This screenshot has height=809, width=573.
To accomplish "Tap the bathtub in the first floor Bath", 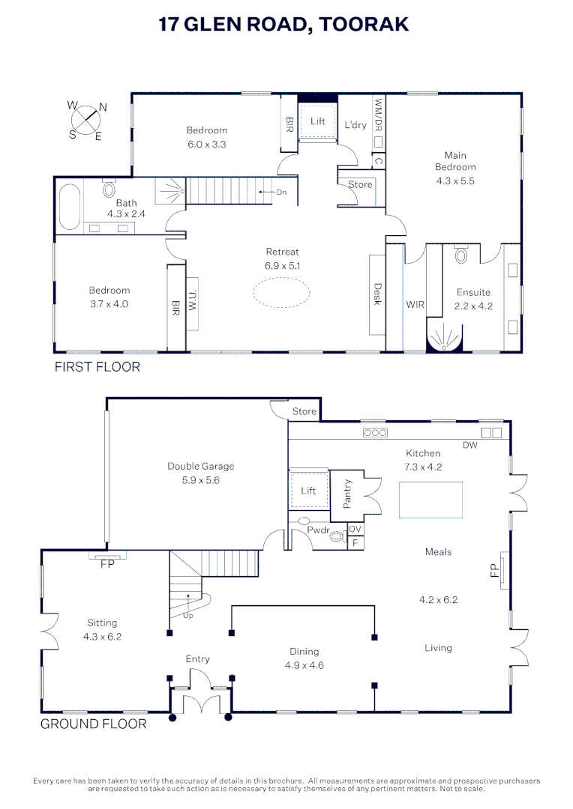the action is [69, 207].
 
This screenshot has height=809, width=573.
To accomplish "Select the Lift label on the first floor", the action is [318, 121].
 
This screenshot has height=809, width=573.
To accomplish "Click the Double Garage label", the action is [201, 466].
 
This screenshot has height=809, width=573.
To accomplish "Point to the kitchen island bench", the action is [430, 500].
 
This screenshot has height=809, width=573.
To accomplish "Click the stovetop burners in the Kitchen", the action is [375, 433].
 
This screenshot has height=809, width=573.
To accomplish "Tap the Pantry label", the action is [347, 494].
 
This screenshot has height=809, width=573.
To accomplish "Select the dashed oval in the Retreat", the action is [281, 293].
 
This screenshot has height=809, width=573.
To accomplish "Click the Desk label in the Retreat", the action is [378, 294].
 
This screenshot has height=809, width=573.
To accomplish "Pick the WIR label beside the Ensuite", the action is [415, 304].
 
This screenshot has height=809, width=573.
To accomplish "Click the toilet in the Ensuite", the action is [461, 254].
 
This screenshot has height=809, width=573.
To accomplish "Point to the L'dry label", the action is [355, 125].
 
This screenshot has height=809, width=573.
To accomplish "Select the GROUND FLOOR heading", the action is [94, 724].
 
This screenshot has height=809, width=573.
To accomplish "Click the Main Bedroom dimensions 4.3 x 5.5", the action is [455, 181].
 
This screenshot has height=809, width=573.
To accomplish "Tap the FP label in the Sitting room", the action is [107, 564].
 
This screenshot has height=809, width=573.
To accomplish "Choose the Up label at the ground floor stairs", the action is [188, 616].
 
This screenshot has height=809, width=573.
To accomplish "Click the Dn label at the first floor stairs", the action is [281, 192].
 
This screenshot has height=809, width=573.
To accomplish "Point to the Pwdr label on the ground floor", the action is [318, 530].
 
